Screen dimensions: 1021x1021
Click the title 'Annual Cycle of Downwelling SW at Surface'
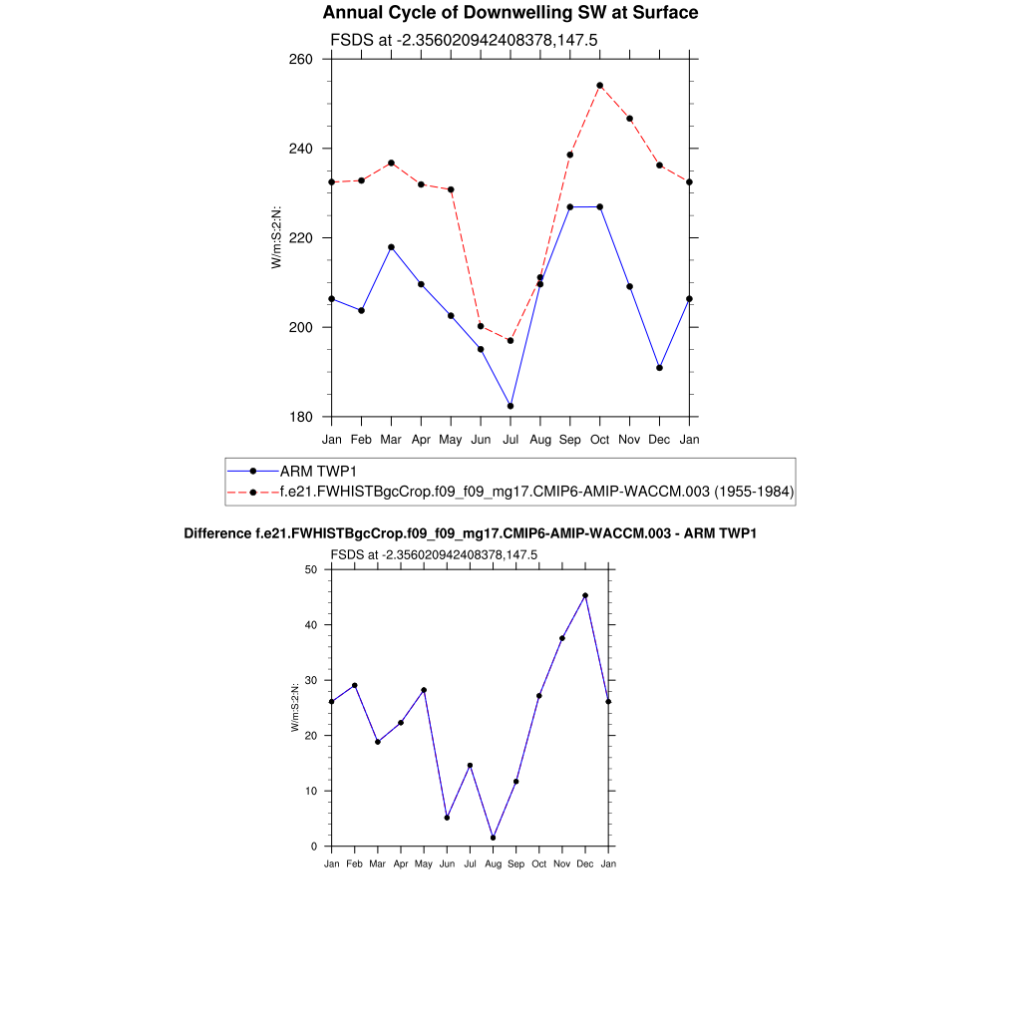click(x=510, y=13)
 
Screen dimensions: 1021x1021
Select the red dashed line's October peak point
click(x=599, y=86)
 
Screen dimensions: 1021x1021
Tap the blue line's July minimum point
click(x=510, y=406)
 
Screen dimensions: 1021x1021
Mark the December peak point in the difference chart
click(x=585, y=595)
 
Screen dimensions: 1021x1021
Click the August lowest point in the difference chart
click(x=493, y=838)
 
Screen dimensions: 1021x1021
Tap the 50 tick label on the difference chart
click(x=311, y=569)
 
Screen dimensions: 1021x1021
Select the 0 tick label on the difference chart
click(x=314, y=847)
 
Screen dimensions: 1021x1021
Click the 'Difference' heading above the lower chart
click(x=470, y=533)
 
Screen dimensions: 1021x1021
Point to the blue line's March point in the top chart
click(x=391, y=247)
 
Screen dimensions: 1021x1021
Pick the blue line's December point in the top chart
click(x=659, y=368)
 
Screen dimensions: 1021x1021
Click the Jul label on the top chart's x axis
click(x=510, y=439)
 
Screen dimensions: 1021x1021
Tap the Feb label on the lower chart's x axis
click(x=354, y=863)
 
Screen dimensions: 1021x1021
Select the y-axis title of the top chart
click(x=277, y=237)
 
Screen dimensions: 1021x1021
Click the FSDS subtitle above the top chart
click(x=463, y=41)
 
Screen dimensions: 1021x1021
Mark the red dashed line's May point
click(x=451, y=189)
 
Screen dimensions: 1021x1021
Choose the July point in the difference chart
click(x=470, y=766)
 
